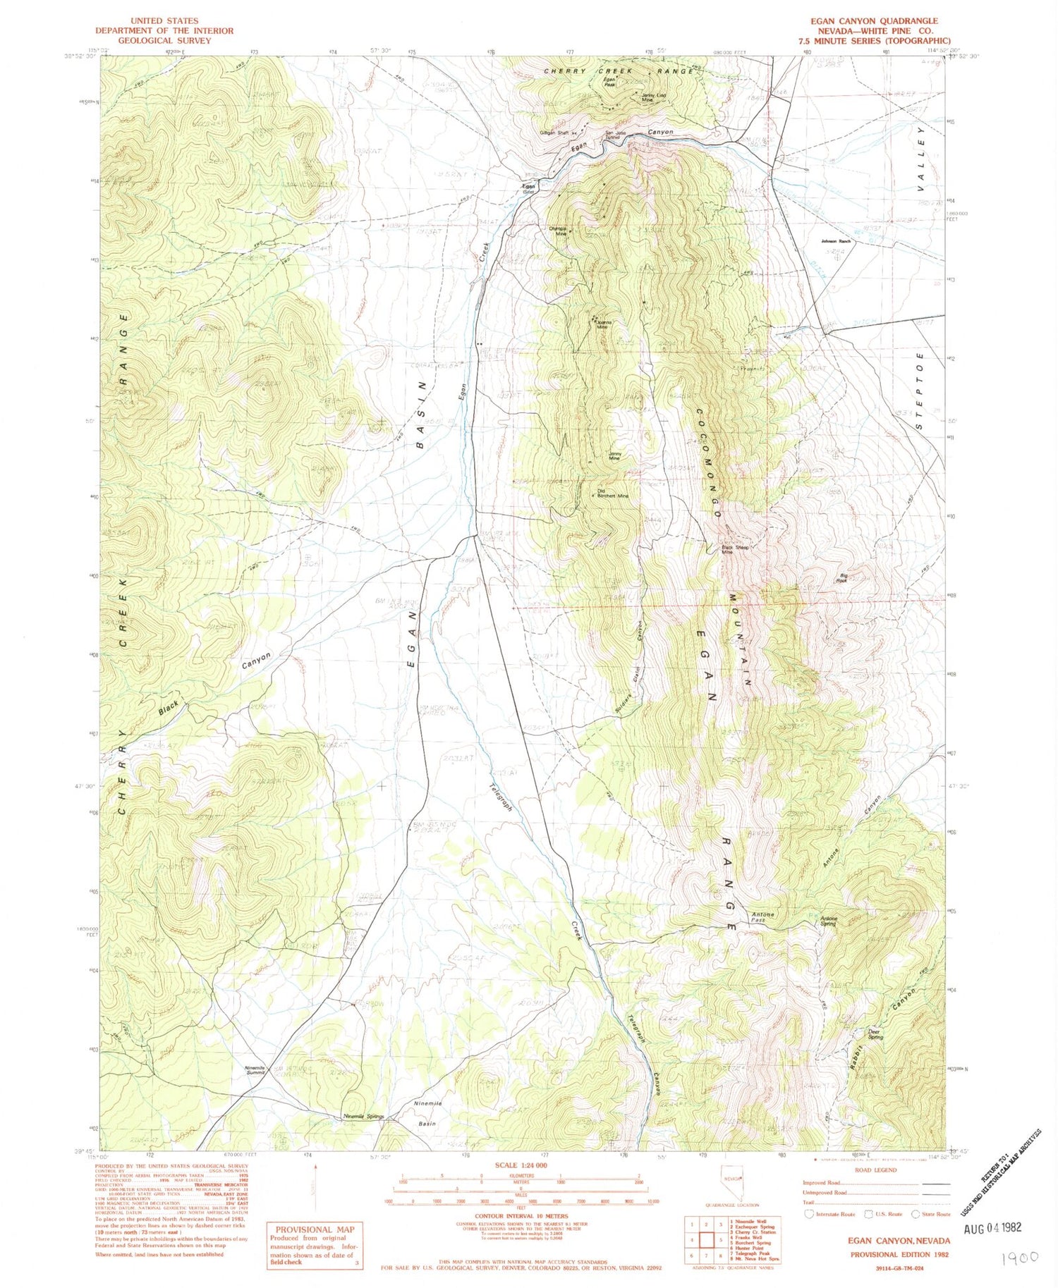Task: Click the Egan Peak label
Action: (x=611, y=85)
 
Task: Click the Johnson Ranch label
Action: (x=836, y=241)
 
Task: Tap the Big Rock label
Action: (x=841, y=578)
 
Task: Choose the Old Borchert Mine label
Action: (x=612, y=493)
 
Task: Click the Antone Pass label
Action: (x=763, y=917)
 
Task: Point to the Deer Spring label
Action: (x=875, y=1034)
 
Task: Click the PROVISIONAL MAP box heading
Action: (x=315, y=1229)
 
